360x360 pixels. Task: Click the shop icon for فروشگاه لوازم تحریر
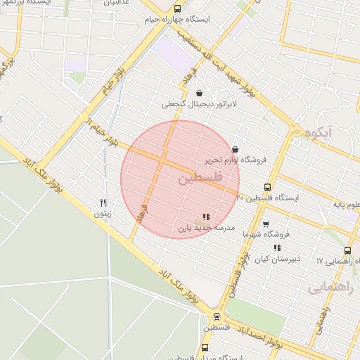pos(234,148)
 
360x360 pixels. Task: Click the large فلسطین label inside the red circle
pos(200,179)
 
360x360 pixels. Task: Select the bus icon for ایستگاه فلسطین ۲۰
pos(266,187)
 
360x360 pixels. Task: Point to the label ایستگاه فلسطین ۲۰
pos(267,198)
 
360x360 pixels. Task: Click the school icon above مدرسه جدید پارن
pos(205,217)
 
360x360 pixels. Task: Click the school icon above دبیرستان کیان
pos(277,247)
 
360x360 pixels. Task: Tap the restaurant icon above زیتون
pos(103,202)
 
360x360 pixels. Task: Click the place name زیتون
pos(103,213)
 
